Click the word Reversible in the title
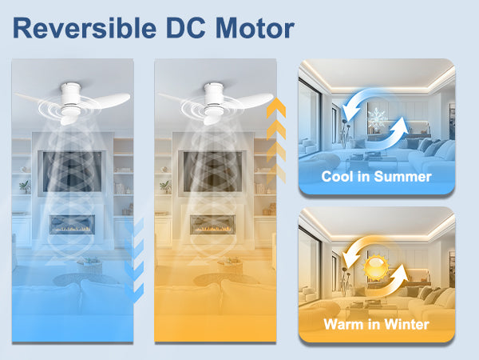tap(85, 28)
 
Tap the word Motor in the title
tap(255, 28)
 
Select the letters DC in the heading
tap(186, 28)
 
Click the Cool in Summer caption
tap(376, 177)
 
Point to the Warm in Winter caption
tap(376, 324)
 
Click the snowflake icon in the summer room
tap(378, 118)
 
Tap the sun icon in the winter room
tap(376, 268)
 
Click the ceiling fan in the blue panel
tap(72, 102)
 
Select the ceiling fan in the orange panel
tap(215, 102)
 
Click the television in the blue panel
tap(72, 171)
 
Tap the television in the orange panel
tap(212, 171)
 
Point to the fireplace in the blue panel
tap(72, 225)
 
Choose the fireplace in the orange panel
tap(212, 225)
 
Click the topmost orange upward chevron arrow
tap(276, 108)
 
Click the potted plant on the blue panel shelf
tap(25, 186)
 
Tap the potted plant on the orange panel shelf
tap(165, 186)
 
